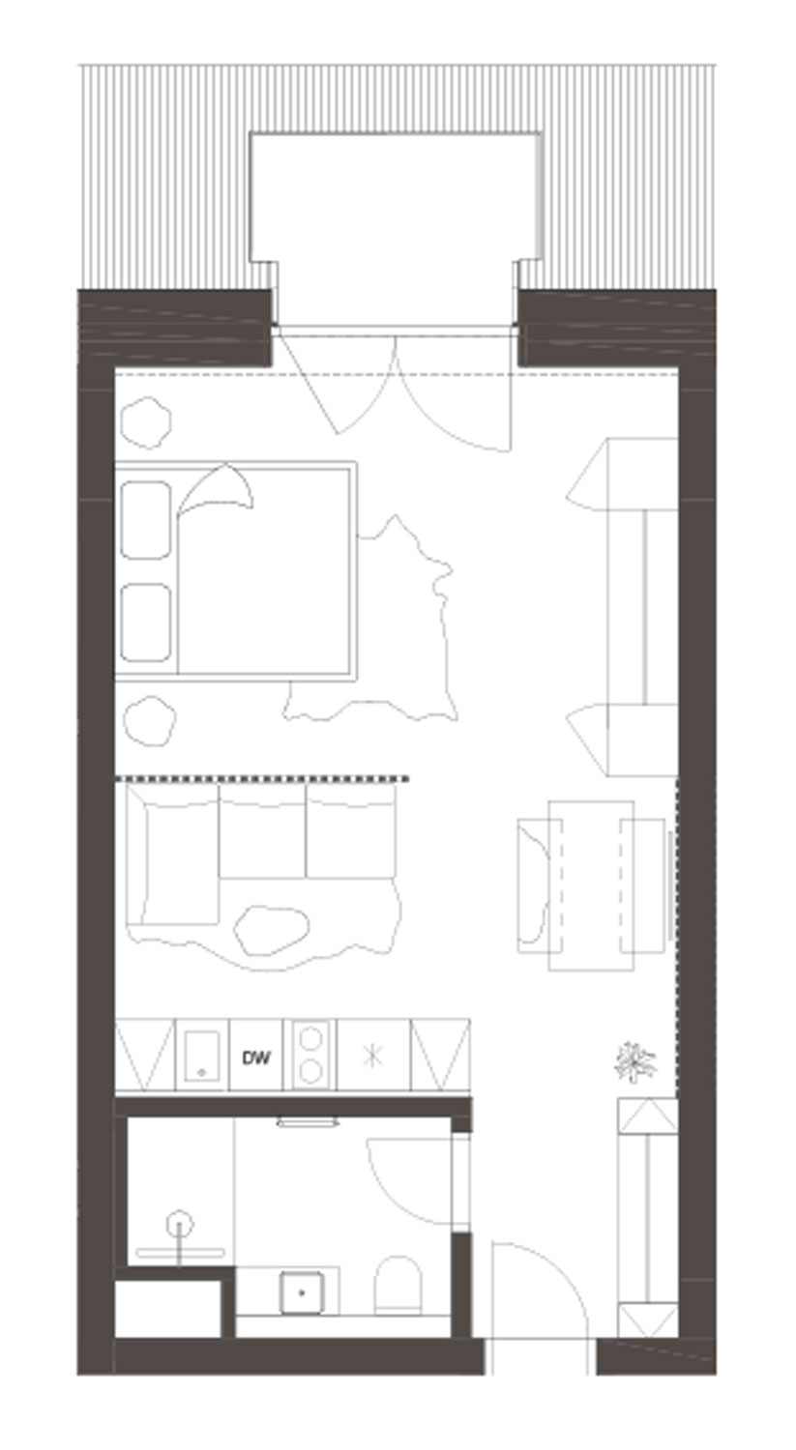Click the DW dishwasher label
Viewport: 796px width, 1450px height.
256,1058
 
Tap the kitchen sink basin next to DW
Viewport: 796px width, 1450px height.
201,1056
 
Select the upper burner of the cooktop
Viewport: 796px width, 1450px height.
310,1041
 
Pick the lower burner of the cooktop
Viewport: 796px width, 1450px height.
310,1072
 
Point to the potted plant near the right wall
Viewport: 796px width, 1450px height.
634,1062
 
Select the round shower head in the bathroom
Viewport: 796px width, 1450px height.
179,1225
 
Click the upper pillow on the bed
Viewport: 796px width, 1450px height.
146,520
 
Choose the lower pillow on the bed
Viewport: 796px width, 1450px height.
146,623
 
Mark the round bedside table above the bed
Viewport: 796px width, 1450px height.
146,422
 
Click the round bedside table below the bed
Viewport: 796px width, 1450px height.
150,720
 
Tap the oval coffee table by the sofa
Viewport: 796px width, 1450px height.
271,930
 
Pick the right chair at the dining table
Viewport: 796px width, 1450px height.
642,885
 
